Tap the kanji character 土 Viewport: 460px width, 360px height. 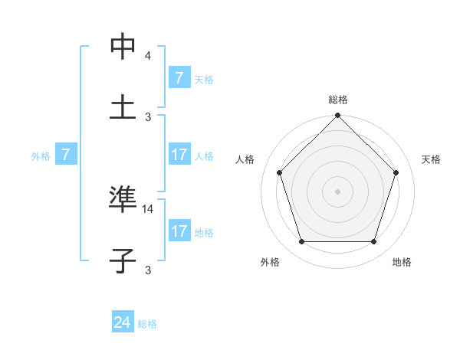(123, 106)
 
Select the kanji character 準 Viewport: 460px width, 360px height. (123, 199)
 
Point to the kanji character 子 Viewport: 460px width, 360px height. (123, 260)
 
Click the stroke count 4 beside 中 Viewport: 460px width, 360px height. (148, 56)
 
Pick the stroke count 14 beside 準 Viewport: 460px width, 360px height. (148, 208)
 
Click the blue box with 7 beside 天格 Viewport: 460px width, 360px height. (179, 78)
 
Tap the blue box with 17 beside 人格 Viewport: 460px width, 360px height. (179, 155)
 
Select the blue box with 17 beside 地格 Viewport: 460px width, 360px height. (179, 231)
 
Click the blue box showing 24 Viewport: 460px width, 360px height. (123, 322)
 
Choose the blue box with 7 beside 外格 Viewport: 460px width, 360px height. (66, 155)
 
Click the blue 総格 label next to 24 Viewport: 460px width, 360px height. (147, 324)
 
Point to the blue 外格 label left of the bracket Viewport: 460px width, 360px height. (41, 156)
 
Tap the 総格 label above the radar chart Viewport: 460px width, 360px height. (338, 100)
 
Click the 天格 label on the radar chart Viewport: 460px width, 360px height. (432, 159)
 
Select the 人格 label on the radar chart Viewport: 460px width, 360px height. (245, 159)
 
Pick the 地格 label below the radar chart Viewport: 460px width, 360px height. (402, 262)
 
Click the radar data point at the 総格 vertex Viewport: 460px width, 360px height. (337, 117)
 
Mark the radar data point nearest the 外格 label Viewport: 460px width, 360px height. (301, 242)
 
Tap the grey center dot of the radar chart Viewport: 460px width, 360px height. (337, 191)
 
